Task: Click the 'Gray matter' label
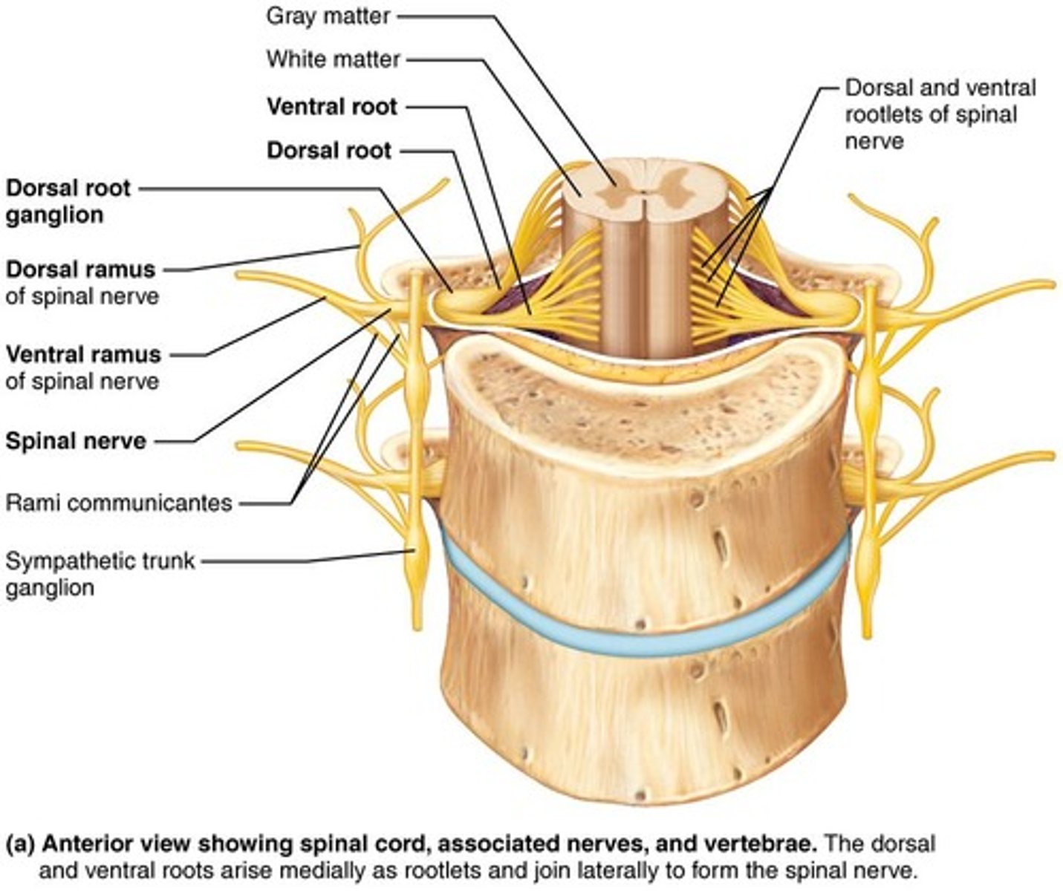coord(328,16)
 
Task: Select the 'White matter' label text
coord(334,59)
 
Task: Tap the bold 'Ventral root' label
coord(332,107)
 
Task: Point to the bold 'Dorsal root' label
coord(328,151)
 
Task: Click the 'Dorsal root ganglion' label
coord(68,201)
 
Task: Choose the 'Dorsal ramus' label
coord(81,269)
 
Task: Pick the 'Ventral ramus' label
coord(83,354)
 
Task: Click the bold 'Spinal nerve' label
coord(76,441)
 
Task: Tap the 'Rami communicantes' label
coord(119,503)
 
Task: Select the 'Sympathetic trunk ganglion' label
coord(100,574)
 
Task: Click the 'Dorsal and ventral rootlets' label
coord(940,114)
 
